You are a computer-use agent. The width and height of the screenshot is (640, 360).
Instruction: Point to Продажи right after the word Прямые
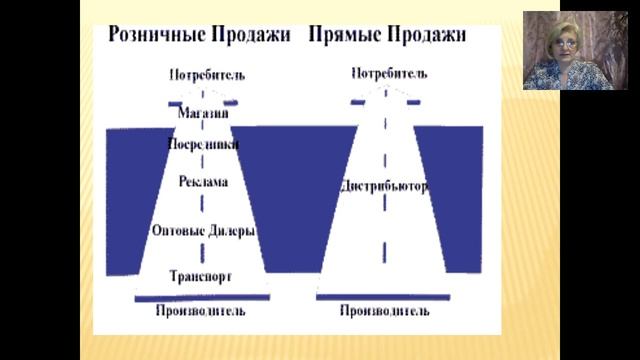[x=429, y=36]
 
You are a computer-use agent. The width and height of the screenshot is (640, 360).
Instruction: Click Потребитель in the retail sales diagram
[x=206, y=74]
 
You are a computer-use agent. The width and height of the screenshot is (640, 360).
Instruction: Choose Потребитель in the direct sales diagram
[x=390, y=73]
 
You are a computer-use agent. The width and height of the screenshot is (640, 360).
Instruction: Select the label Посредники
[x=203, y=143]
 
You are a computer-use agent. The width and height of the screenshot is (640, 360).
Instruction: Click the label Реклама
[x=203, y=182]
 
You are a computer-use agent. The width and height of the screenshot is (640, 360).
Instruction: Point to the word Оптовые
[x=178, y=230]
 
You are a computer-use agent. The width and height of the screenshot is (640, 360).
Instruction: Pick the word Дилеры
[x=231, y=230]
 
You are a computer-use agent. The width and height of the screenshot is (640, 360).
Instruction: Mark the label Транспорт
[x=201, y=275]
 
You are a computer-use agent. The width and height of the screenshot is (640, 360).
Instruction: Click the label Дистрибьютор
[x=384, y=186]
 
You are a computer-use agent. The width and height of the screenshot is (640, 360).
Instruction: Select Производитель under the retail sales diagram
[x=200, y=311]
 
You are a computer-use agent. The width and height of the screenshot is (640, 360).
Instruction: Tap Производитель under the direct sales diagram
[x=384, y=311]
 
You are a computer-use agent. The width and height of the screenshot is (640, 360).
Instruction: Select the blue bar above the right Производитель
[x=384, y=297]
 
